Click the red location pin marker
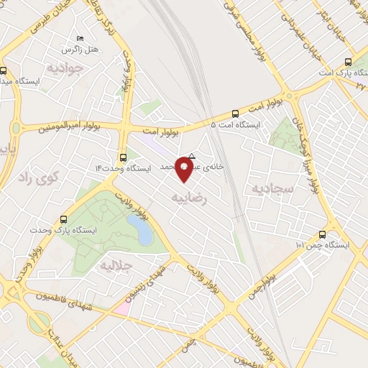[x=185, y=170]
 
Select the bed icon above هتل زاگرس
[x=79, y=37]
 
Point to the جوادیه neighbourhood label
[x=66, y=68]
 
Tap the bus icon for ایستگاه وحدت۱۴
[x=123, y=157]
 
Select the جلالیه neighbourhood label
[x=115, y=265]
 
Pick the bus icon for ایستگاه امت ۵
[x=235, y=113]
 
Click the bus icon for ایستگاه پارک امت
[x=348, y=62]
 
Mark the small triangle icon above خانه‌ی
[x=192, y=155]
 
